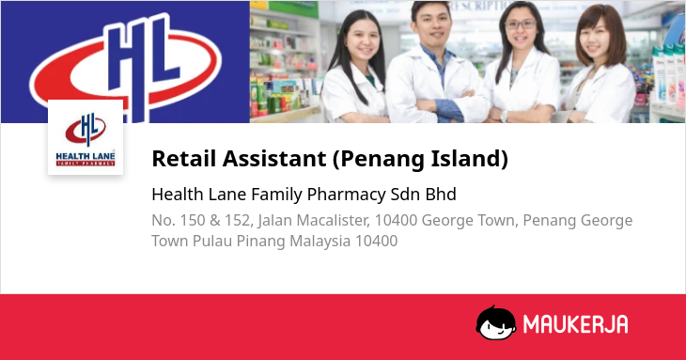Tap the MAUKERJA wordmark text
576,324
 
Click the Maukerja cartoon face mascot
495,323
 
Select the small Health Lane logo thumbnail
86,137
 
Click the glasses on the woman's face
521,24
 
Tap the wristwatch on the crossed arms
504,116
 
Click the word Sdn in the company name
406,195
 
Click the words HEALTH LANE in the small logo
86,156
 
